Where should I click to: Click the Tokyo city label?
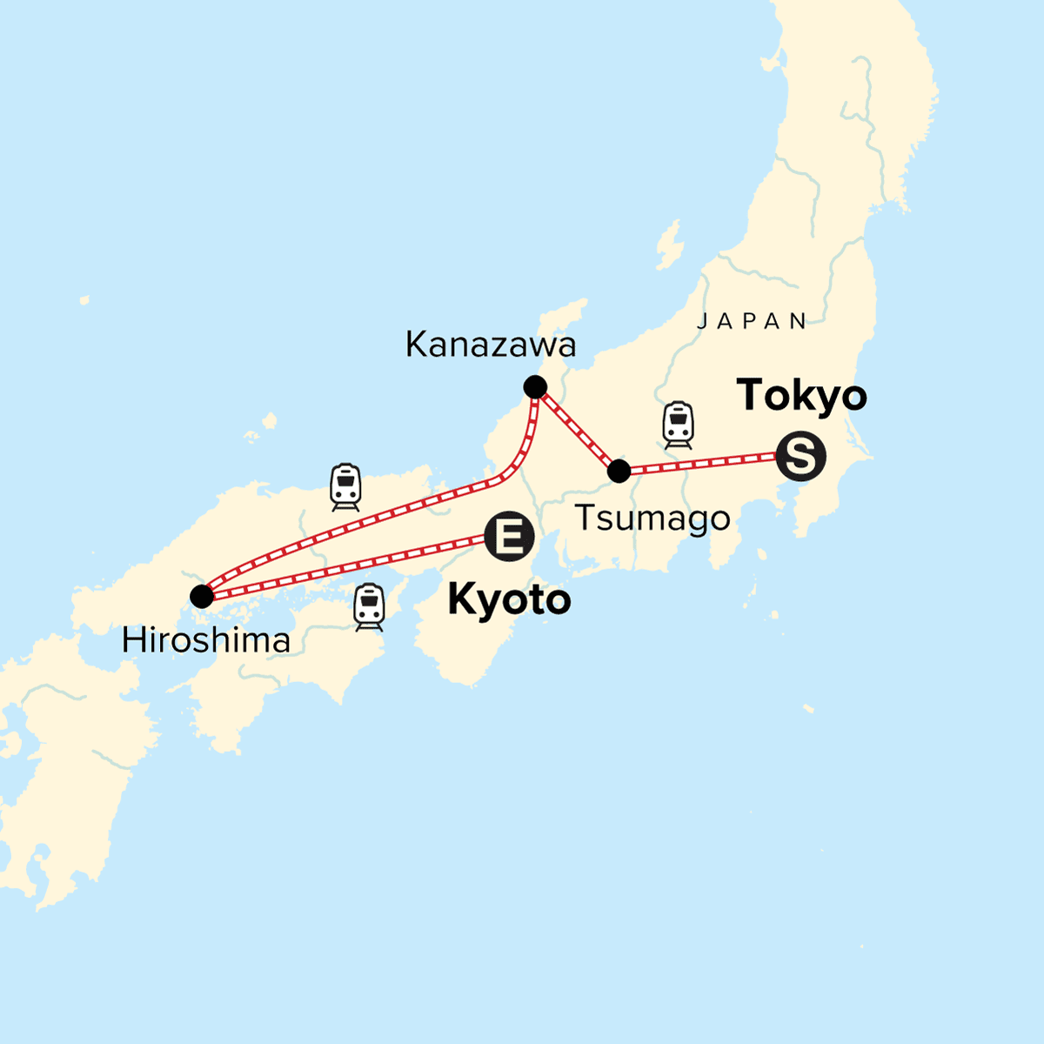click(802, 396)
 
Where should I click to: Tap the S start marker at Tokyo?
click(800, 456)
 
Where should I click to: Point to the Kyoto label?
click(509, 600)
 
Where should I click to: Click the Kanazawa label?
click(491, 345)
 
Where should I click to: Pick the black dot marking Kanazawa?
click(535, 387)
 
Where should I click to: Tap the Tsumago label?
click(652, 519)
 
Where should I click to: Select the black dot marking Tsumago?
click(619, 472)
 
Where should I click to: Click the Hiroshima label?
click(206, 641)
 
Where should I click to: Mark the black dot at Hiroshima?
click(202, 596)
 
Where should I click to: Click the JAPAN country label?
click(753, 321)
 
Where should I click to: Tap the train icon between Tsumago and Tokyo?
click(679, 425)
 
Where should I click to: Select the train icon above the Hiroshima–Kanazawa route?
click(345, 486)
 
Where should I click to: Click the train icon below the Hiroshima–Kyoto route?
click(370, 606)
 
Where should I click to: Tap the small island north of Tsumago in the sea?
click(669, 244)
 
